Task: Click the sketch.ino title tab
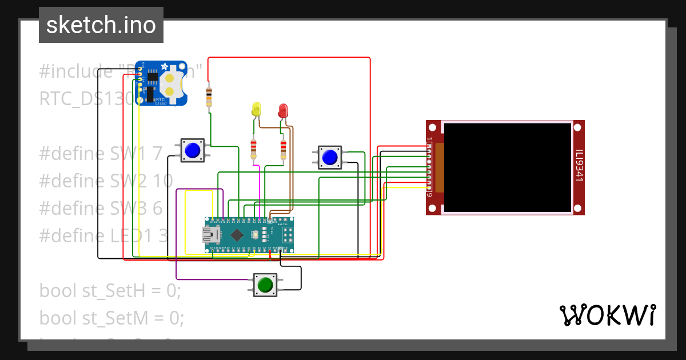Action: (x=101, y=25)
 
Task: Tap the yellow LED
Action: (x=256, y=109)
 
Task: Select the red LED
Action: (x=283, y=110)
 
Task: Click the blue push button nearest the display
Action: (x=329, y=157)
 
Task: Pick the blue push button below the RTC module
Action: (x=193, y=150)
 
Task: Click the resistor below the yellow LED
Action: (x=254, y=150)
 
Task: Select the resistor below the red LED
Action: (x=283, y=150)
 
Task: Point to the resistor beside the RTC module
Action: (x=208, y=97)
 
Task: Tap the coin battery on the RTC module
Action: (x=170, y=83)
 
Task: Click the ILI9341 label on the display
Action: (x=579, y=166)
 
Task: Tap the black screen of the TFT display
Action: (x=508, y=167)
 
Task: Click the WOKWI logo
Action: (x=607, y=315)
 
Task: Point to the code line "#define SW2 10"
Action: (x=106, y=181)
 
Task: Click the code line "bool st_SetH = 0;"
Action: (x=110, y=290)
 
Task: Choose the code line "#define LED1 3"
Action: (x=103, y=235)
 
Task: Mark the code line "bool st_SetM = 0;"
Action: (x=111, y=318)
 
